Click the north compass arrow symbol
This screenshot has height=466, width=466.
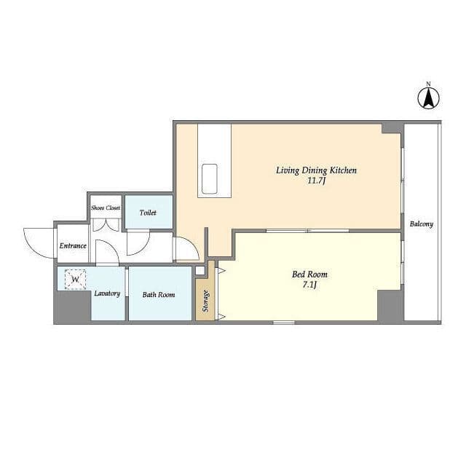[x=429, y=99]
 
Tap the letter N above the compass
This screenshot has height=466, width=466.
[x=428, y=84]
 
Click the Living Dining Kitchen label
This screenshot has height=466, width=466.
[x=316, y=170]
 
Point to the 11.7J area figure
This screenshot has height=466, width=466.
[x=316, y=181]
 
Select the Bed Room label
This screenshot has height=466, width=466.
[x=309, y=275]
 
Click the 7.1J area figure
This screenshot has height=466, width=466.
[x=309, y=285]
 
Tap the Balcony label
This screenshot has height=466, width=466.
[x=422, y=224]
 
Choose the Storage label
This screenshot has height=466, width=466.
[x=205, y=301]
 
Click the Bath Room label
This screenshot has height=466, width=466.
[x=159, y=295]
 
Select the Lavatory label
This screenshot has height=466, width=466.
[x=107, y=293]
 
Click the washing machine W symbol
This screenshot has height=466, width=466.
[x=76, y=280]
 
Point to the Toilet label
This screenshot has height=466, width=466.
[x=148, y=213]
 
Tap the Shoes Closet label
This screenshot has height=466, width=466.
[x=106, y=208]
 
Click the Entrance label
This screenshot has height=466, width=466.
[x=73, y=246]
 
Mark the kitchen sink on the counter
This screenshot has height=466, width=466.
[x=210, y=178]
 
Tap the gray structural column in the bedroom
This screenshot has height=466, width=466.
[x=390, y=305]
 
